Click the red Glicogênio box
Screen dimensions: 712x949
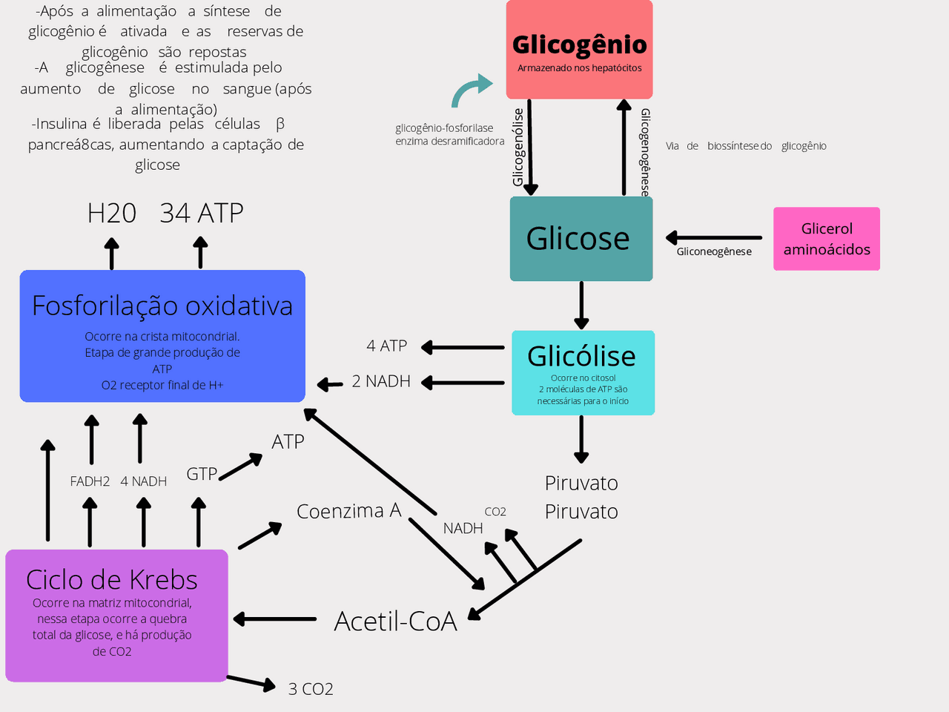579,50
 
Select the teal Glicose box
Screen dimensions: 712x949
581,239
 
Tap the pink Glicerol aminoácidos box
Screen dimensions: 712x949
826,239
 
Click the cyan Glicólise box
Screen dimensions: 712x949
583,372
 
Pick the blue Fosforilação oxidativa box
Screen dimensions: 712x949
162,336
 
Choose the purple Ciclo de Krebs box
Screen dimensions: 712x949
116,616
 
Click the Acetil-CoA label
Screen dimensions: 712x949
395,621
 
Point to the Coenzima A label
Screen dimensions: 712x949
348,511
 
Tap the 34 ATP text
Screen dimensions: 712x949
202,214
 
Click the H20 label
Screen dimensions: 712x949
112,214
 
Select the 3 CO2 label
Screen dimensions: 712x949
311,689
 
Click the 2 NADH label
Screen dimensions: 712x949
381,381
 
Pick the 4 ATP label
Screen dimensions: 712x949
386,346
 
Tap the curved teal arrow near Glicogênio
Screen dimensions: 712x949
470,90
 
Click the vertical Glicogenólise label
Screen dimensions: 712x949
518,147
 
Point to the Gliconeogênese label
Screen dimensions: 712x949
714,251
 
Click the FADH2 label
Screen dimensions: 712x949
90,481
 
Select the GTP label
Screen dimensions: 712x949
201,474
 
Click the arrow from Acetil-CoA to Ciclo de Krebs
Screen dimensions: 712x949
274,619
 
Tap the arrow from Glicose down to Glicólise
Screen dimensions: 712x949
581,305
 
